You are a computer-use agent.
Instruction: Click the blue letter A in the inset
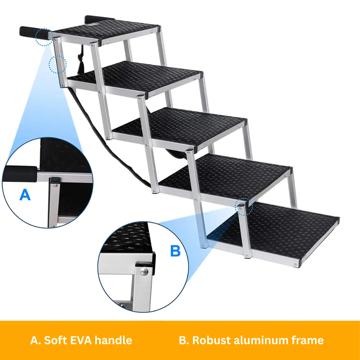coord(25,195)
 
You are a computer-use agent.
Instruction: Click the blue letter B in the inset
coord(175,251)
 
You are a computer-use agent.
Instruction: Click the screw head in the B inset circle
coord(144,272)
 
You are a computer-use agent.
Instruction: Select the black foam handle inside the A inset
coord(20,174)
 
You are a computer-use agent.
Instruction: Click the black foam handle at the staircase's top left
coord(34,33)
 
